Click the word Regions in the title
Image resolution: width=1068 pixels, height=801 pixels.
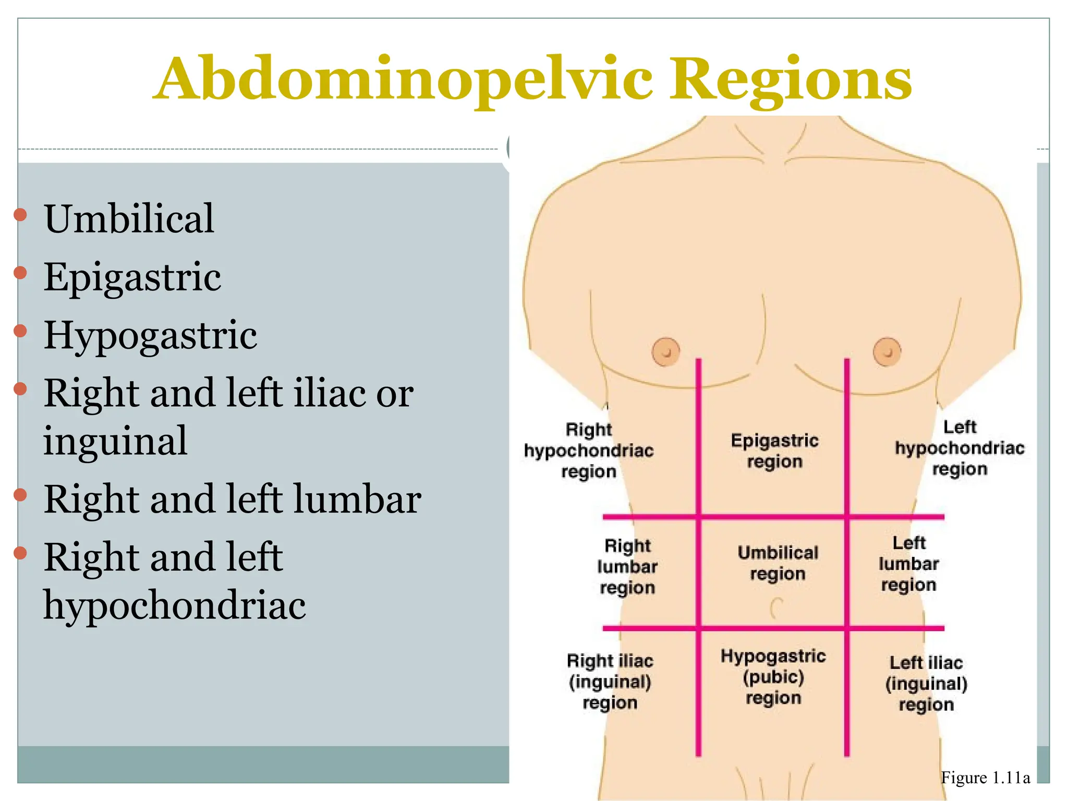pos(791,80)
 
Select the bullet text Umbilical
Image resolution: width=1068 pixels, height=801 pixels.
pos(129,219)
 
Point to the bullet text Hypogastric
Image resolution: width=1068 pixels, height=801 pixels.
pos(150,335)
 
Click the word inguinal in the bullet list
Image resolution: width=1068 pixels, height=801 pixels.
pos(115,441)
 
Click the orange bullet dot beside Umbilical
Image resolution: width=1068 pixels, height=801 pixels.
pos(20,214)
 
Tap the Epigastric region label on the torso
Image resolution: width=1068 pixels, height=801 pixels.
pos(774,451)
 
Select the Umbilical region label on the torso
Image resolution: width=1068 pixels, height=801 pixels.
pos(778,563)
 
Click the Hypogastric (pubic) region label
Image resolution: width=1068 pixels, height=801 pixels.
pos(773,676)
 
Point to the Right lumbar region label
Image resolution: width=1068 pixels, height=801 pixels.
pos(627,567)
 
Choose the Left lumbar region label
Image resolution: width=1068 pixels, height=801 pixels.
pos(909,564)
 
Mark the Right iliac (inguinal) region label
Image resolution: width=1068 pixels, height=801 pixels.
pos(610,682)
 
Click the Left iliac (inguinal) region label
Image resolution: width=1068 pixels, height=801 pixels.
pos(926,683)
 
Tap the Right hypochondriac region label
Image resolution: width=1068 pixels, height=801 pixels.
pos(589,451)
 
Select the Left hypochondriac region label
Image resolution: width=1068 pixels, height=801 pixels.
pos(960,448)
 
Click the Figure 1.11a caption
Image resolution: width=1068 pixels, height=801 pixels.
pos(985,778)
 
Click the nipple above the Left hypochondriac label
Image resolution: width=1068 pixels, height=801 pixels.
pos(887,351)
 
